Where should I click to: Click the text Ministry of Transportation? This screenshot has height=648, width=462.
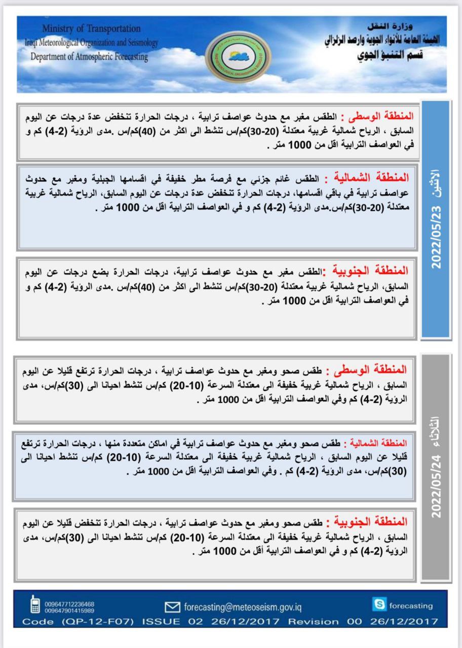pos(91,29)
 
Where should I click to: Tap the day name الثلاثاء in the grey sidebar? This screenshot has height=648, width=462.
pos(436,430)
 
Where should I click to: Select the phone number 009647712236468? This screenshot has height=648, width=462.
pos(69,603)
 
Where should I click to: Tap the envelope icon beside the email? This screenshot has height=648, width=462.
pos(173,606)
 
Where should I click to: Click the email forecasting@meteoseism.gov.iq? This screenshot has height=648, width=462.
pos(243,606)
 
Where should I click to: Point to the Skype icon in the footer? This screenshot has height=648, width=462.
pos(379,604)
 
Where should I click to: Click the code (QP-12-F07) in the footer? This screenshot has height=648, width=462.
pos(92,621)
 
